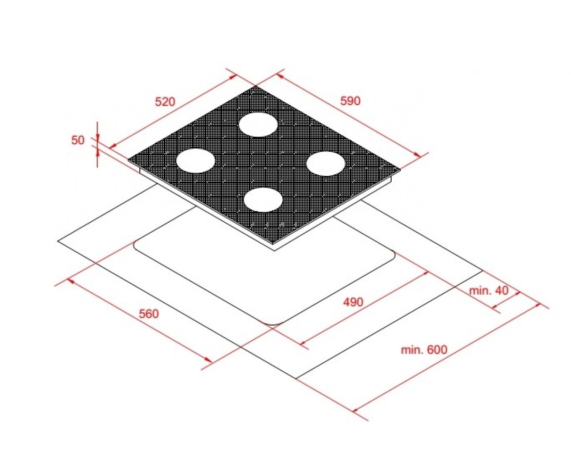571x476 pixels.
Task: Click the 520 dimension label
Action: click(165, 102)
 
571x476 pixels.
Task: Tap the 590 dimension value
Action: click(350, 101)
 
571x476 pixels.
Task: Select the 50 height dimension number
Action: click(78, 140)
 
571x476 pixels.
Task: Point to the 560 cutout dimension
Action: click(149, 314)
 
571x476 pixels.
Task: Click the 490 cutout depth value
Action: click(353, 302)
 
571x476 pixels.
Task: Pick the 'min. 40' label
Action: click(489, 290)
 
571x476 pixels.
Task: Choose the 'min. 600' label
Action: click(424, 349)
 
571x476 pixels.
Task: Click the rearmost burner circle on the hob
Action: click(258, 124)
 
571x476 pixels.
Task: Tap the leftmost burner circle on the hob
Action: click(196, 161)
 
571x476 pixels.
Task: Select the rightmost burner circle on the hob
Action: click(325, 164)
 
